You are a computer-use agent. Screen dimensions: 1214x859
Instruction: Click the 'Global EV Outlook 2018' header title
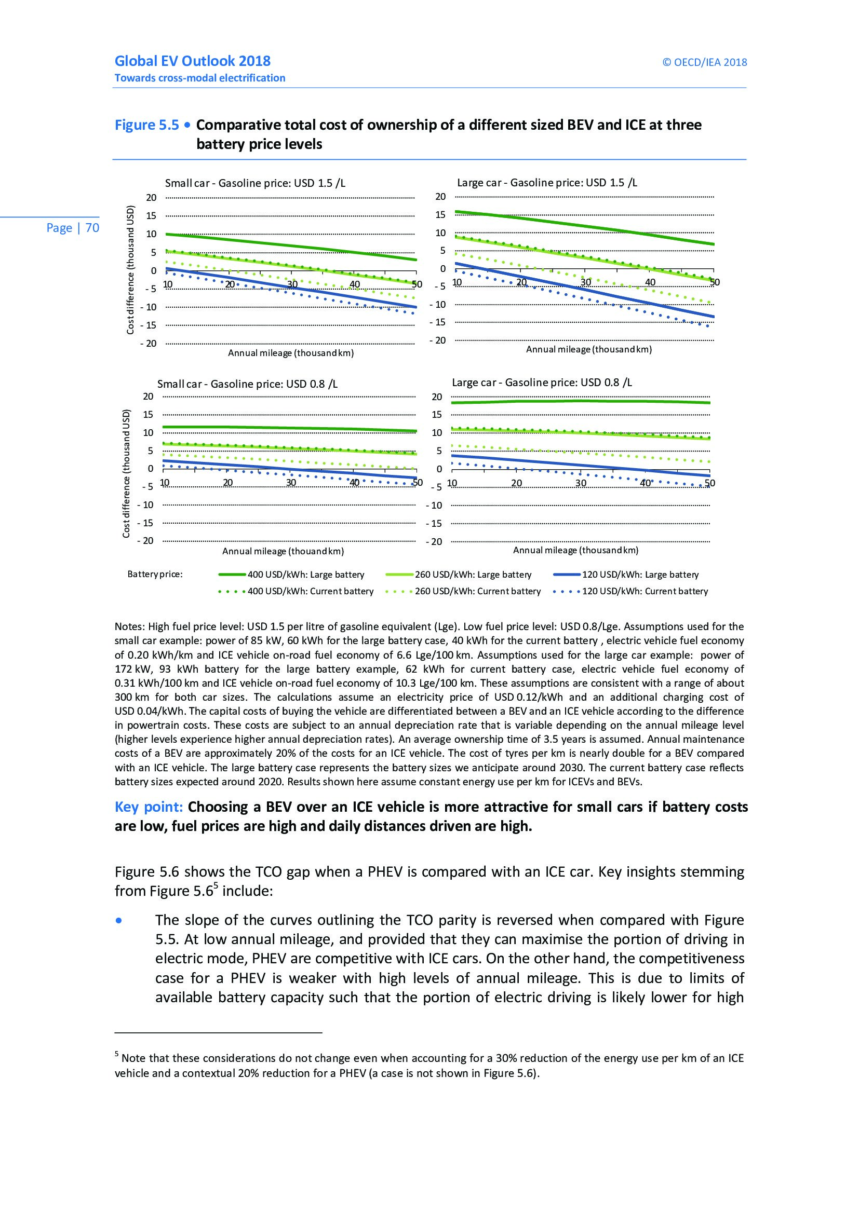tap(193, 61)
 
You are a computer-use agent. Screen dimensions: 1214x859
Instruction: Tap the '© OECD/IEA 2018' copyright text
tap(705, 62)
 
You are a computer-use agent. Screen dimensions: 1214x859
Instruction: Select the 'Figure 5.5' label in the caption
tap(146, 125)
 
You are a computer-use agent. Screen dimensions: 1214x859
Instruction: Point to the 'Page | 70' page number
tap(73, 228)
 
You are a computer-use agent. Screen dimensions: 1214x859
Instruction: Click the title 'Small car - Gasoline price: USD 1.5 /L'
tap(255, 183)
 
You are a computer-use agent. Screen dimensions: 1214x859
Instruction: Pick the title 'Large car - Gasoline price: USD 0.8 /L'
tap(542, 383)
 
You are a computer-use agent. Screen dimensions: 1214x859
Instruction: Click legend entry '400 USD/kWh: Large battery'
tap(306, 575)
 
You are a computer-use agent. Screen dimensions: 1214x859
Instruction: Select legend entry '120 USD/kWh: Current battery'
tap(645, 591)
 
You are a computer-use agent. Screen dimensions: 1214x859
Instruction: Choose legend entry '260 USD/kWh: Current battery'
tap(477, 591)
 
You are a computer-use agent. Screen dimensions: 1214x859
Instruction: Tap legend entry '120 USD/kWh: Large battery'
tap(640, 575)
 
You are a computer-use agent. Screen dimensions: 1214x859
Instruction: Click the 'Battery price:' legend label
tap(155, 574)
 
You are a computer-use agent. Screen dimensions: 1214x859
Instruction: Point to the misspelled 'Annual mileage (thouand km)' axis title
tap(283, 552)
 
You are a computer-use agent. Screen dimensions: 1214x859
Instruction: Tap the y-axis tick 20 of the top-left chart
tap(151, 198)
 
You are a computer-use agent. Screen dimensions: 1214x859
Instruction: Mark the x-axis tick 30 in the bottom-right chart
tap(581, 483)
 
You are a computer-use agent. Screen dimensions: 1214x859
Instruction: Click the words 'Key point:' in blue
tap(149, 807)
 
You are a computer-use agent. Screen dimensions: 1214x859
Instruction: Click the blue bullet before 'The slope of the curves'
tap(119, 921)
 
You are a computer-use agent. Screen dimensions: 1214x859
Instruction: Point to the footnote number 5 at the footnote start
tap(117, 1054)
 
